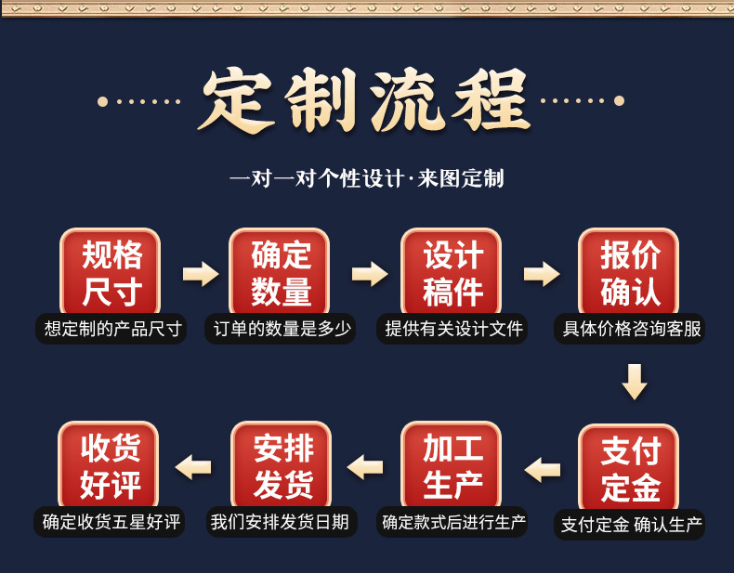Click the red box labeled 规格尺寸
(x=111, y=271)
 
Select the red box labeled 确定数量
(x=281, y=271)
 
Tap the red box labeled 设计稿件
(x=452, y=271)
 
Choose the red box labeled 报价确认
(x=629, y=271)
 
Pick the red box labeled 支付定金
(x=629, y=468)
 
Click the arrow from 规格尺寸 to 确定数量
(x=200, y=274)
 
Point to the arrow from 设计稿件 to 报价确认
(x=542, y=274)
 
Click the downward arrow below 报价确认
(x=635, y=382)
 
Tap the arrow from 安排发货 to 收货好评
(x=193, y=466)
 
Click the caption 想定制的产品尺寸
(x=111, y=329)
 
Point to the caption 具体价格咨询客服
(x=631, y=329)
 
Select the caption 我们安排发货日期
(x=280, y=522)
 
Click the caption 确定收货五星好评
(x=111, y=522)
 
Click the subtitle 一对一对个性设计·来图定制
(x=367, y=178)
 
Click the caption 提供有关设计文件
(x=453, y=329)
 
